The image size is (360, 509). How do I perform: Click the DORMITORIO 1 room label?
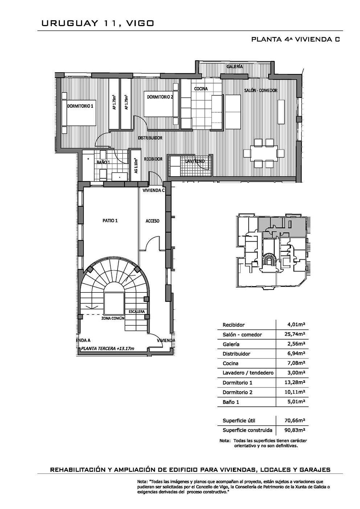click(80, 106)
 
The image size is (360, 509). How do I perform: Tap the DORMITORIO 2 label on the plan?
click(160, 97)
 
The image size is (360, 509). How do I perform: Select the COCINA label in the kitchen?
click(201, 89)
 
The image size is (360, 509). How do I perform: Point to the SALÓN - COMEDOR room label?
click(261, 90)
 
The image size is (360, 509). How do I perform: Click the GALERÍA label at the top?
click(234, 67)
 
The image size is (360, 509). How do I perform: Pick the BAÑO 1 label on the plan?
click(103, 162)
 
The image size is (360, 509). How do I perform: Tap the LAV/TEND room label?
click(195, 161)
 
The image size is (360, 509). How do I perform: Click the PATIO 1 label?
click(110, 221)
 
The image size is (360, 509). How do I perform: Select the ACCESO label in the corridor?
click(152, 221)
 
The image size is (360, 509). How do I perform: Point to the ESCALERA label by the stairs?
click(136, 312)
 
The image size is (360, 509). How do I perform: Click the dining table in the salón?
click(264, 153)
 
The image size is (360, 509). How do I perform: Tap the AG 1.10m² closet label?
click(136, 166)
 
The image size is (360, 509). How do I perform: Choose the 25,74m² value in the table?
click(295, 334)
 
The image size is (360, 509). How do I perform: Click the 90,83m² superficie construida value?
click(295, 430)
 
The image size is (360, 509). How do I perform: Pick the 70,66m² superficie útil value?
click(295, 420)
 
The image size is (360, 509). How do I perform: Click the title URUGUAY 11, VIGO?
click(98, 23)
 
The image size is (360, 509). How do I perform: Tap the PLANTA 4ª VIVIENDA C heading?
click(295, 39)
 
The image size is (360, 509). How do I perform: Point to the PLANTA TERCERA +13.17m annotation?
click(107, 349)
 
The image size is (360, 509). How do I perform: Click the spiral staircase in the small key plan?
click(269, 259)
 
